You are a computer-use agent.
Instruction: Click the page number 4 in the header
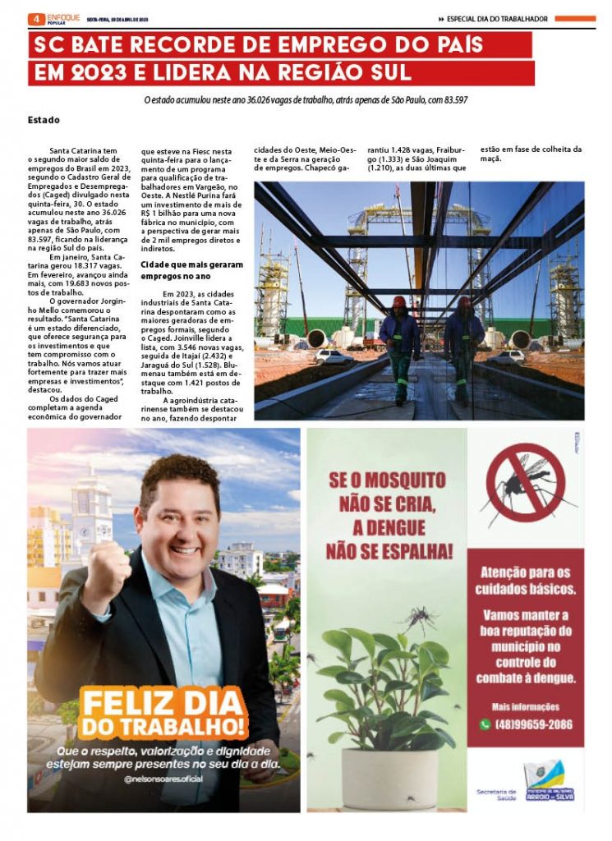click(x=35, y=18)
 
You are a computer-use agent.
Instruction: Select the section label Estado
click(x=44, y=120)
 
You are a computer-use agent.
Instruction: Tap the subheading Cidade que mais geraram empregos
click(x=191, y=270)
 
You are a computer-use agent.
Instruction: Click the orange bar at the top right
click(x=575, y=18)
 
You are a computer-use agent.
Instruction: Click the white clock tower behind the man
click(x=90, y=509)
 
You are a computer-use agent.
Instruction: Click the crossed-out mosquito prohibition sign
click(x=525, y=482)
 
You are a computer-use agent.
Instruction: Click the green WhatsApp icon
click(x=485, y=724)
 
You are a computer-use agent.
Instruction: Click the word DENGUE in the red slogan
click(x=389, y=526)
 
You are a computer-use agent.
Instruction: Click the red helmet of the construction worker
click(x=399, y=302)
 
